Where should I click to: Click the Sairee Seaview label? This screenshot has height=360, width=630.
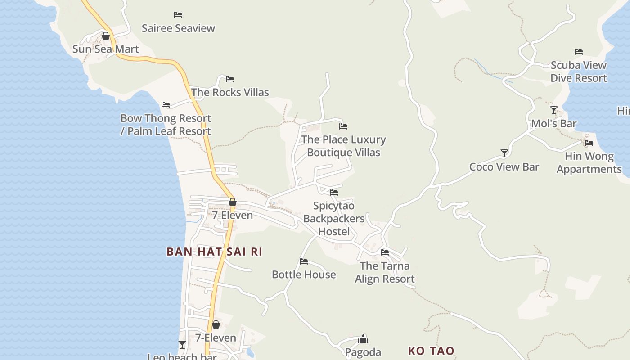point(178,28)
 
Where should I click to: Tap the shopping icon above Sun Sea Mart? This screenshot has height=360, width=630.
point(106,36)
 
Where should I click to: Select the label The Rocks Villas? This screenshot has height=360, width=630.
point(230,92)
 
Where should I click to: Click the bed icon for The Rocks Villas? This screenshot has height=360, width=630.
point(230,79)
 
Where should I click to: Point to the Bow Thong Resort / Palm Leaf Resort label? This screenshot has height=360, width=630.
point(166,125)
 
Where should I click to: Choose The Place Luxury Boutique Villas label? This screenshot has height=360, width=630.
point(343,146)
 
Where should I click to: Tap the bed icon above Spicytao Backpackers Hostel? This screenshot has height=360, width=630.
point(334,193)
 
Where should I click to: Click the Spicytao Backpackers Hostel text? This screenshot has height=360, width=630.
point(334,219)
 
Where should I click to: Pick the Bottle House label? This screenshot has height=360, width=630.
point(304,274)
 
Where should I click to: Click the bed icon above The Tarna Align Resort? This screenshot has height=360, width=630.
point(385,252)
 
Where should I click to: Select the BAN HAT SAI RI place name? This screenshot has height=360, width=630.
point(214,252)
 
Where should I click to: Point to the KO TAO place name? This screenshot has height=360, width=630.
point(431,351)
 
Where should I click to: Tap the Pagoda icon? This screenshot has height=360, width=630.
point(363,339)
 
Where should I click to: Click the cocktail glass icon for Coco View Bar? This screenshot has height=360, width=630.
point(504,153)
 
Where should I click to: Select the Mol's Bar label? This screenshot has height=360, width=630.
point(553,124)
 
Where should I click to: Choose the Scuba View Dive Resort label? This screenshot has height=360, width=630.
point(579,72)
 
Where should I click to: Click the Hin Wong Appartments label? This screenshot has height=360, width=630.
point(589,163)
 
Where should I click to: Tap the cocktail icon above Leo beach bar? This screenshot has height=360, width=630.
point(182,345)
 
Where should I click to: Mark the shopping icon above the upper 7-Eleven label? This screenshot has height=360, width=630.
point(233,202)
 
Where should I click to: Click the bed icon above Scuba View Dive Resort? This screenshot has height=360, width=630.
point(579,52)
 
